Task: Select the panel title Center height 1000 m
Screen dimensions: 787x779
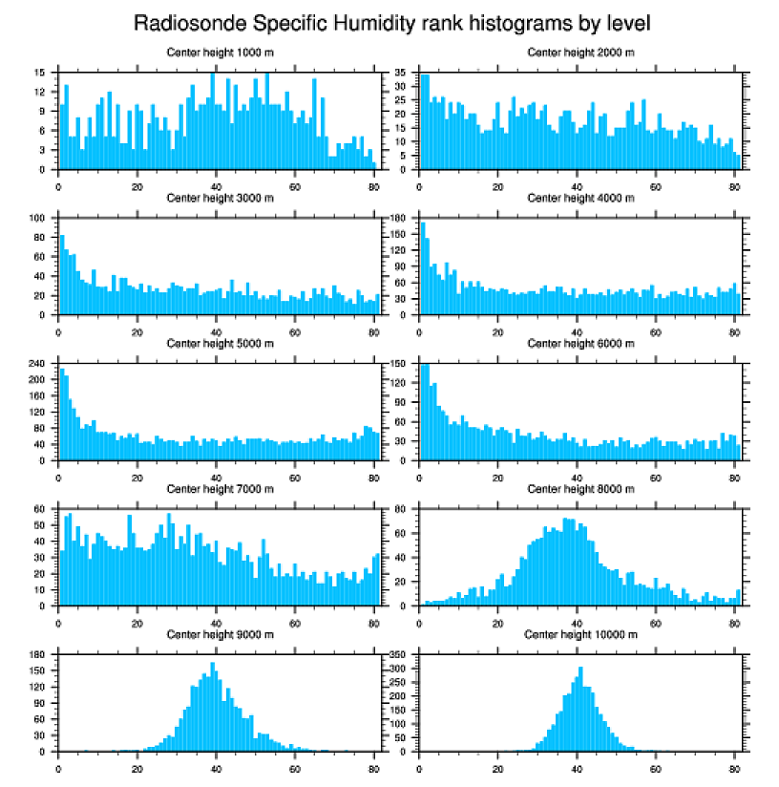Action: pyautogui.click(x=220, y=52)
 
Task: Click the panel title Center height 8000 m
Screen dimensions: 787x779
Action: pyautogui.click(x=580, y=489)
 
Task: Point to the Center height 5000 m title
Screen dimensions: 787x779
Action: pyautogui.click(x=220, y=343)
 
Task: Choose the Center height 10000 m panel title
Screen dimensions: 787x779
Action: pyautogui.click(x=580, y=634)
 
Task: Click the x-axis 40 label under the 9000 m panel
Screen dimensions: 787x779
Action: pyautogui.click(x=217, y=766)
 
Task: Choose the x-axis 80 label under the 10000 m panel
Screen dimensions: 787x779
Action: pyautogui.click(x=734, y=766)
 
